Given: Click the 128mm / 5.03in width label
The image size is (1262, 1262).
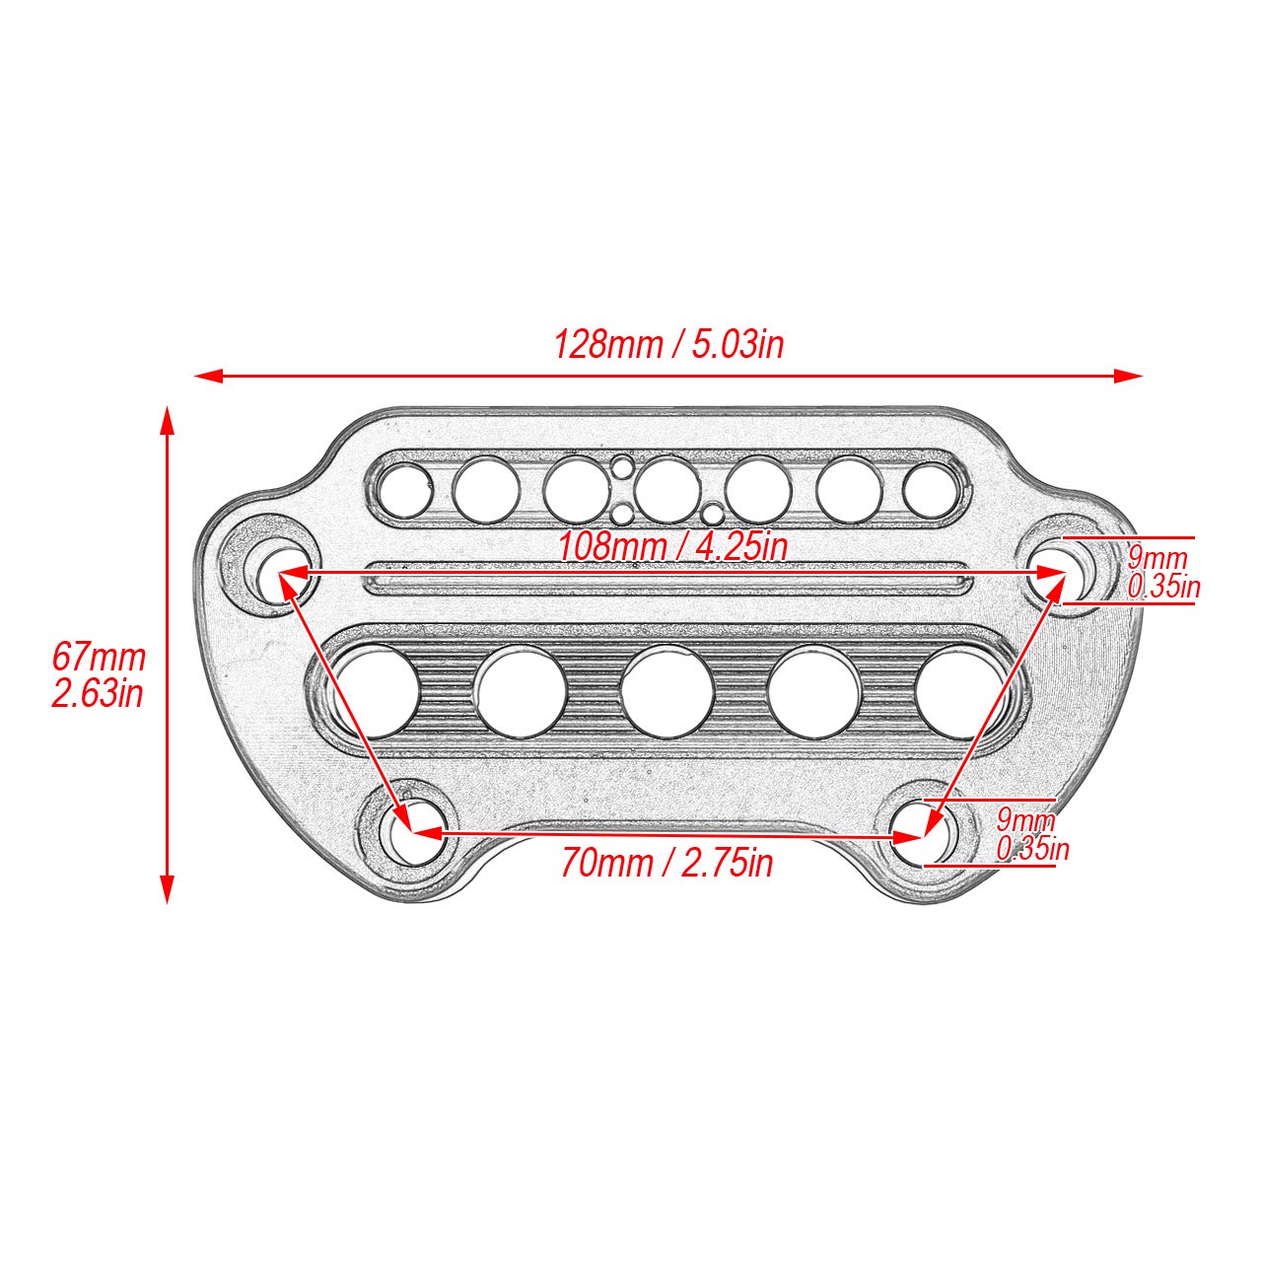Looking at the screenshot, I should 668,345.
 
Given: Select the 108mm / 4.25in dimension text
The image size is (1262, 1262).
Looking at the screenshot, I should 673,546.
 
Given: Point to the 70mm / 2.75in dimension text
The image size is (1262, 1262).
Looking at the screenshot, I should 667,864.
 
